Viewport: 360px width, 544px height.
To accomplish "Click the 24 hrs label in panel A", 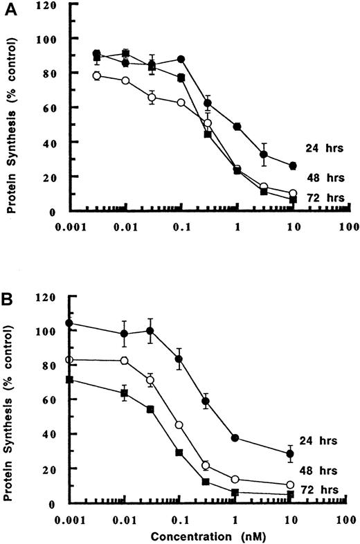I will click(x=320, y=147).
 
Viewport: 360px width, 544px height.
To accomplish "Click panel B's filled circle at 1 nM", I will click(x=237, y=438).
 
